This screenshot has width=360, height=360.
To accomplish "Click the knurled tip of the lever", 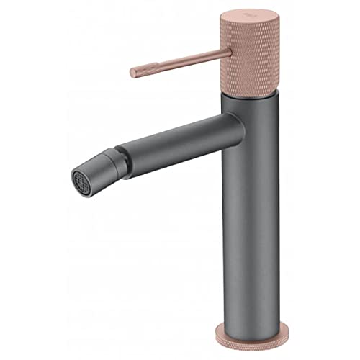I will (138, 72).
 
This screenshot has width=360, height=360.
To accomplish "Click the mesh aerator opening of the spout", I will (81, 181).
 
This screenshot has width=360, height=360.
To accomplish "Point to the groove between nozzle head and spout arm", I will (128, 160).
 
